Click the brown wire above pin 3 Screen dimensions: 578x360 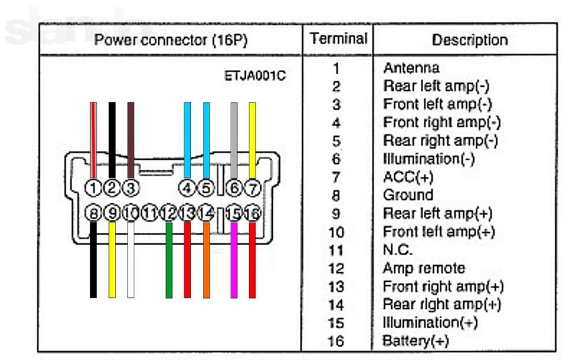click(x=131, y=140)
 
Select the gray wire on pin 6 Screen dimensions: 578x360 click(x=234, y=140)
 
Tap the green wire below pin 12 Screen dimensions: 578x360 click(x=169, y=260)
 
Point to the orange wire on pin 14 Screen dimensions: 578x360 click(x=207, y=260)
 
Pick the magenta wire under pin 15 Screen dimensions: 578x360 click(x=234, y=260)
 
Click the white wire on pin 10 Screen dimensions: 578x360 click(x=131, y=260)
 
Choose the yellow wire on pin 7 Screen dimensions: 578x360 click(x=252, y=140)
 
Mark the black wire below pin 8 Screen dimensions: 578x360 click(x=94, y=260)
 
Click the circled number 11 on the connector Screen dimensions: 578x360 click(x=150, y=213)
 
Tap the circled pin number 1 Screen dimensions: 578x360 click(x=93, y=188)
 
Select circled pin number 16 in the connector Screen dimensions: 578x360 click(x=252, y=213)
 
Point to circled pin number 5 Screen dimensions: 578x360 click(x=206, y=188)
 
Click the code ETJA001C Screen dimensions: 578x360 click(x=255, y=76)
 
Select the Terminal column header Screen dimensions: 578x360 click(x=338, y=39)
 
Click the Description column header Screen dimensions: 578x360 click(x=470, y=40)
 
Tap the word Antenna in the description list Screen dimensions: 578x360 click(x=411, y=68)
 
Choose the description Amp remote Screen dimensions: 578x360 click(x=424, y=268)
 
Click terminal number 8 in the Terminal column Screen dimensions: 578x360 click(x=335, y=195)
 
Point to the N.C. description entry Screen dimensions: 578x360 click(x=397, y=250)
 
